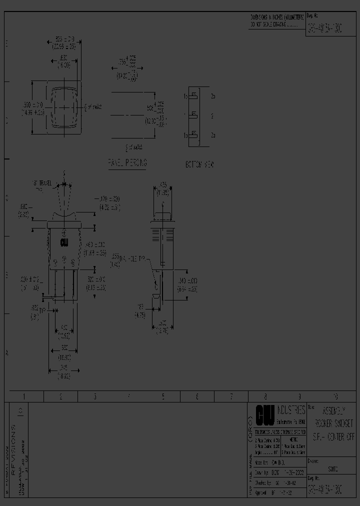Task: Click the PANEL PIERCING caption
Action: pos(127,163)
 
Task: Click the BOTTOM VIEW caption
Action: pos(199,164)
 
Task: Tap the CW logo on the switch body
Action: pos(64,243)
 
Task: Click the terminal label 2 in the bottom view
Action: pos(212,116)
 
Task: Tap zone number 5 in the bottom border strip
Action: pos(163,396)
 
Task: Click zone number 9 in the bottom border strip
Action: pos(299,396)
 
